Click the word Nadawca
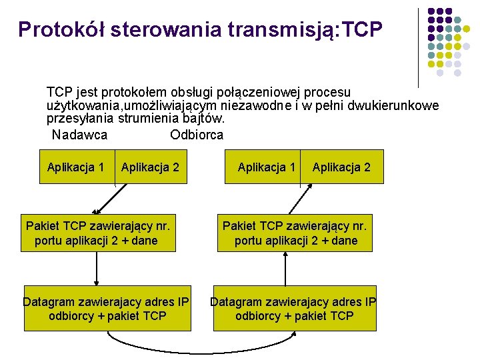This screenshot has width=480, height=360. [79, 135]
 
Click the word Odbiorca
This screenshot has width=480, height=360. [197, 135]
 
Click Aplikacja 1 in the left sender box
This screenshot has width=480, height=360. [75, 167]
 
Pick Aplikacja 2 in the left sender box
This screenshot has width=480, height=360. [150, 167]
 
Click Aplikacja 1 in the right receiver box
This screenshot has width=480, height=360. [267, 167]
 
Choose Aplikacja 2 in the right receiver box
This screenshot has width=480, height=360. [341, 167]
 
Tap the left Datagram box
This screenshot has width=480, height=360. [107, 309]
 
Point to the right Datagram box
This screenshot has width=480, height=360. [294, 309]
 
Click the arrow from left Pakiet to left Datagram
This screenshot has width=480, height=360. [97, 269]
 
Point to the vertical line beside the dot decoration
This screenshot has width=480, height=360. [418, 47]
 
